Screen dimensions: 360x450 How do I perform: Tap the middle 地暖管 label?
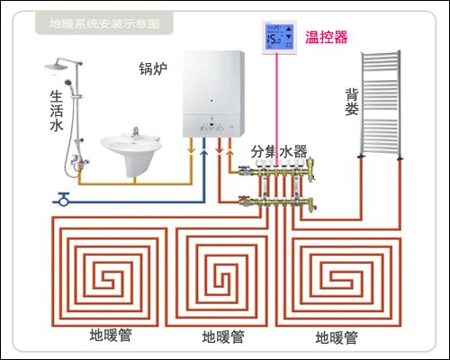click(x=222, y=337)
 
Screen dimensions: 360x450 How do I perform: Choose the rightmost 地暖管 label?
click(x=337, y=337)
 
